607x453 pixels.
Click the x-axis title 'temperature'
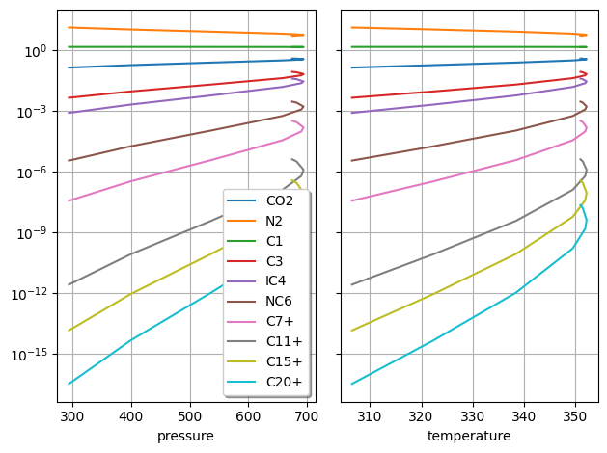tap(469, 437)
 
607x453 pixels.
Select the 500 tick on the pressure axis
tap(189, 418)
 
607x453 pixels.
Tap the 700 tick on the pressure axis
tap(307, 418)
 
